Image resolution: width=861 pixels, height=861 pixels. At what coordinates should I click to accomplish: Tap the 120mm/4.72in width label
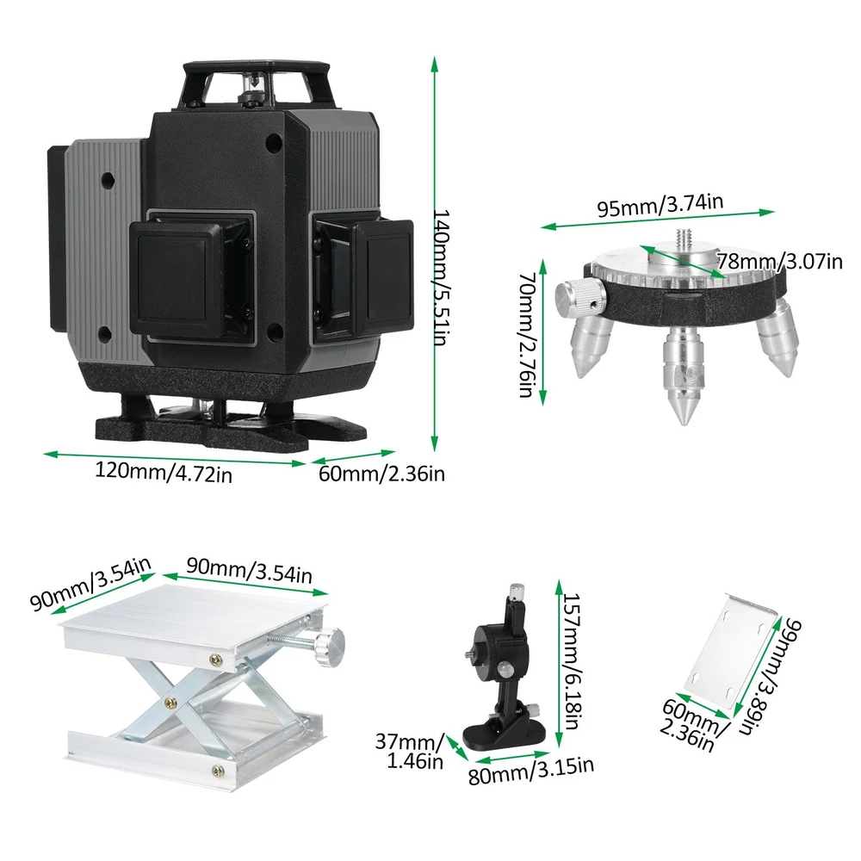point(164,472)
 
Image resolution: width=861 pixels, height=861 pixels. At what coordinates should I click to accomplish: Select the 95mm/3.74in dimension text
point(660,205)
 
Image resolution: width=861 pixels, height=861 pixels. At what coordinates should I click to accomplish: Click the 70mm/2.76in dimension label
point(527,334)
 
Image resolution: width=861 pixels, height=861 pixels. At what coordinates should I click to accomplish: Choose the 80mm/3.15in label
point(531,771)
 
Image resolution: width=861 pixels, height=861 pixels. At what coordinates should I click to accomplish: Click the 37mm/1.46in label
point(409,751)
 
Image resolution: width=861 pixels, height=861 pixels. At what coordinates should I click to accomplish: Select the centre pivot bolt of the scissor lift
point(170,702)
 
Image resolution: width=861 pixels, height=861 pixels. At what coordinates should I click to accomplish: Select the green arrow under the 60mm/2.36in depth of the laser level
point(351,457)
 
